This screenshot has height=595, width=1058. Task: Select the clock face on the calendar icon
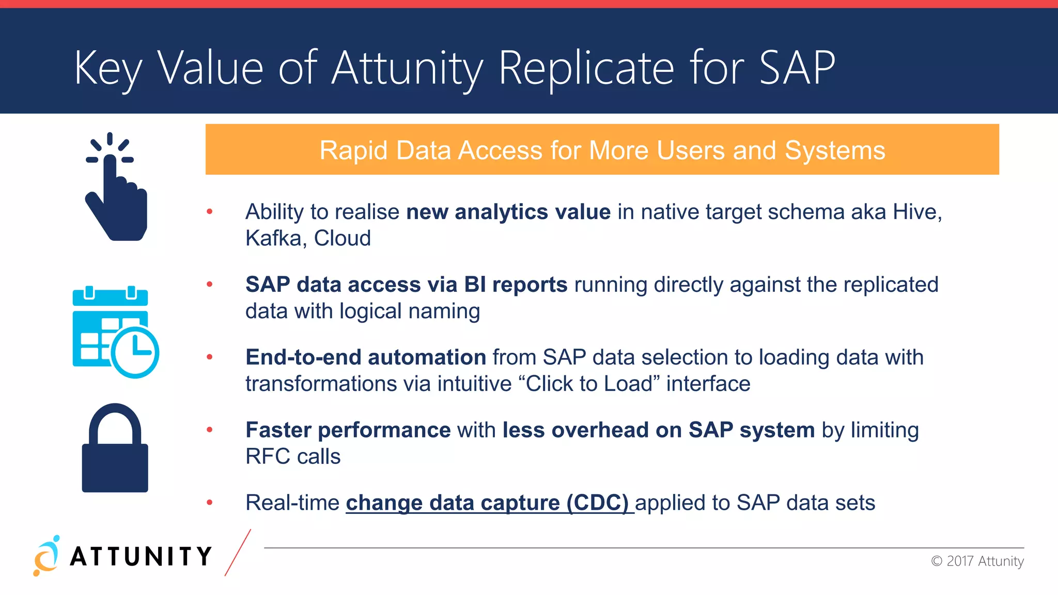pyautogui.click(x=135, y=353)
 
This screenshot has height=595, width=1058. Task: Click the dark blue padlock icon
pyautogui.click(x=115, y=449)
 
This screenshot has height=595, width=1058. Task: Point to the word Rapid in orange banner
pyautogui.click(x=353, y=151)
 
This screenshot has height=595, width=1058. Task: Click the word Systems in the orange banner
pyautogui.click(x=834, y=151)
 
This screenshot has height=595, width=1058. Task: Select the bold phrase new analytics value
pyautogui.click(x=508, y=212)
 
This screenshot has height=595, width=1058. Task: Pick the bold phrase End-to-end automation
pyautogui.click(x=366, y=357)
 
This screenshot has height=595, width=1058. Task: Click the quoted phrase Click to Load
pyautogui.click(x=589, y=384)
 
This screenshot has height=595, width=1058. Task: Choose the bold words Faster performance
pyautogui.click(x=348, y=430)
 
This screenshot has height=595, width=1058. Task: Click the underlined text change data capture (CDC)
pyautogui.click(x=487, y=503)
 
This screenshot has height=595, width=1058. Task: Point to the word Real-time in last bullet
pyautogui.click(x=292, y=503)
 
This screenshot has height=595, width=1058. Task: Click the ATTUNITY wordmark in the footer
pyautogui.click(x=141, y=557)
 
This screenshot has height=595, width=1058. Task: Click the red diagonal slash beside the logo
pyautogui.click(x=238, y=553)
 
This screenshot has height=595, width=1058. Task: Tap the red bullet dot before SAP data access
pyautogui.click(x=210, y=284)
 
